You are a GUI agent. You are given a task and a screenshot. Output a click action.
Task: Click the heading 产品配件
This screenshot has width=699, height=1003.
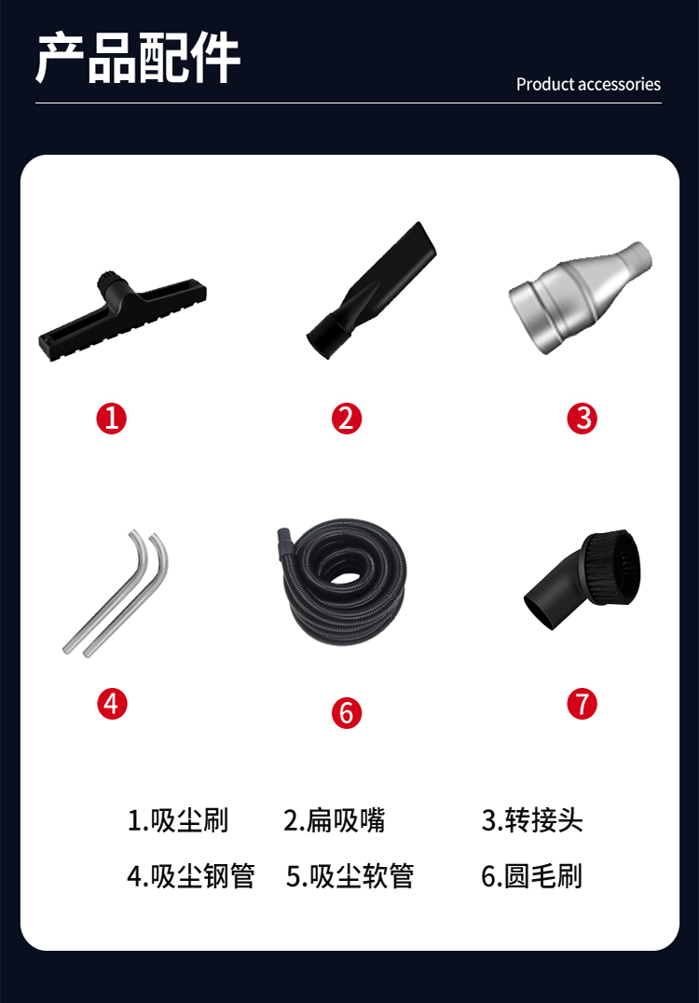tap(138, 58)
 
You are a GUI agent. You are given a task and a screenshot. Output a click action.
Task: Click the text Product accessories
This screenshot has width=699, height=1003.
tap(588, 85)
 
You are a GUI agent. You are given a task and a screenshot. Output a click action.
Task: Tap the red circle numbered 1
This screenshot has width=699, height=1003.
tap(111, 419)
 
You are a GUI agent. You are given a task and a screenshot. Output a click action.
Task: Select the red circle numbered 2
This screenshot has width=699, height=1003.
tap(347, 419)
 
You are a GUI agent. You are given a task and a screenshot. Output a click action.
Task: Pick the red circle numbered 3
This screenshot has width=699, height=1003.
tap(582, 419)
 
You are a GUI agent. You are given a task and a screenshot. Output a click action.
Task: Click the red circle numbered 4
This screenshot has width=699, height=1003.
tap(112, 704)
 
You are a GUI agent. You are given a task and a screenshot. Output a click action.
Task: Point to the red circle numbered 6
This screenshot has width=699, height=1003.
tap(347, 713)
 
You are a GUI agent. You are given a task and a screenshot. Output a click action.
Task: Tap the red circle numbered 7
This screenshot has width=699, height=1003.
tap(582, 704)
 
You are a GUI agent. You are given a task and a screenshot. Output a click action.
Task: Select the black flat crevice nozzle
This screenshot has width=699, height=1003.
tap(371, 291)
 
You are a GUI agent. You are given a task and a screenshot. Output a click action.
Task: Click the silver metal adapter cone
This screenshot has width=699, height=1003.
tap(580, 296)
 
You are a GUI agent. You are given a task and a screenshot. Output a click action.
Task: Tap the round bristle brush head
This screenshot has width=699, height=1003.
tap(583, 579)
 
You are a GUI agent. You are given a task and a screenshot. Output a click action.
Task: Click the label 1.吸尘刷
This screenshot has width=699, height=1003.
tap(178, 820)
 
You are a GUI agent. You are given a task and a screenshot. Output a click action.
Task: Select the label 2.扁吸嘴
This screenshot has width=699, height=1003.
tap(335, 820)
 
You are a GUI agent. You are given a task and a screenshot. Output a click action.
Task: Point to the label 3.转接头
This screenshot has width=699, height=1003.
tap(532, 820)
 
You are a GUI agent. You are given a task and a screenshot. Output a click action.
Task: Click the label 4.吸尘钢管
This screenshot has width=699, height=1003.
tap(191, 876)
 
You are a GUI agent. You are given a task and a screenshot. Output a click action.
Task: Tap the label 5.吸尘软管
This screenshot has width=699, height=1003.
tap(349, 876)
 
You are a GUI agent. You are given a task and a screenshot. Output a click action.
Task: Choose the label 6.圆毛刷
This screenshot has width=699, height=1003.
tap(532, 876)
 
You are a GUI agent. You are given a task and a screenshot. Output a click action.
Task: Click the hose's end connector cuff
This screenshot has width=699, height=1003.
tap(285, 540)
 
